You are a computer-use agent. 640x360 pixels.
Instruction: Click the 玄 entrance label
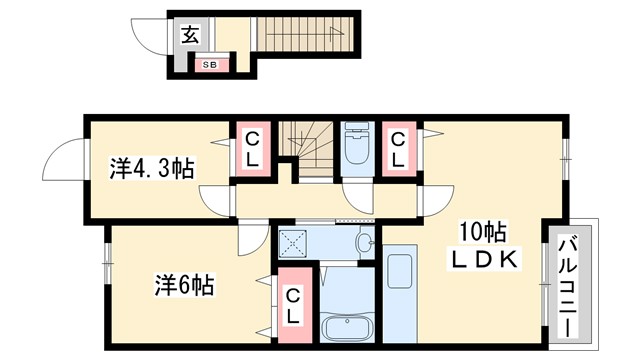pos(189,35)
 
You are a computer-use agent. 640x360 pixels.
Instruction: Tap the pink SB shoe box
pos(210,65)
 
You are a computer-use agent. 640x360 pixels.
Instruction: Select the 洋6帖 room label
pos(181,283)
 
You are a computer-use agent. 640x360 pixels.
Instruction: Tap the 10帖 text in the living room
pos(482,233)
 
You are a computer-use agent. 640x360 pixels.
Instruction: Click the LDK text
pos(482,260)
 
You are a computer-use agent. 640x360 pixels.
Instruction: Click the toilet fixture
pos(355,149)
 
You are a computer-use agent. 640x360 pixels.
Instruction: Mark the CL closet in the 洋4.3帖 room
pos(251,150)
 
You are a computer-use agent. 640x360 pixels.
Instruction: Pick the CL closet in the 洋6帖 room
pos(294,305)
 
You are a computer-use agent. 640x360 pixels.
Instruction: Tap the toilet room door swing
pos(355,196)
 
